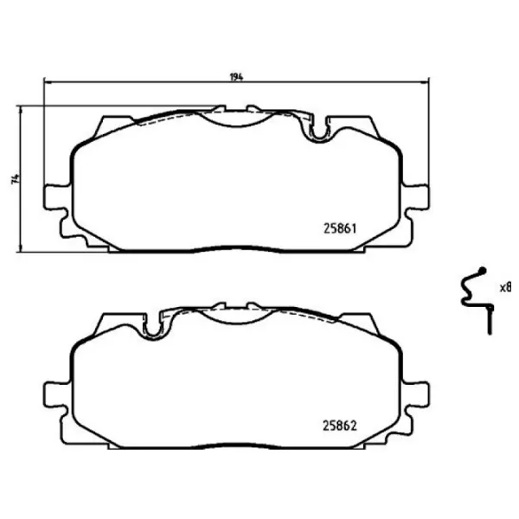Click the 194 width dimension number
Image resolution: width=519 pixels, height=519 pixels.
click(237, 77)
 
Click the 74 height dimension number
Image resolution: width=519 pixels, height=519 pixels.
click(16, 179)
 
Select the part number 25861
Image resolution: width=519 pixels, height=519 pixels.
click(340, 228)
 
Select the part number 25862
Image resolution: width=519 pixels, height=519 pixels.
click(340, 426)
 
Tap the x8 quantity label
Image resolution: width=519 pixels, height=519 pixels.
click(506, 287)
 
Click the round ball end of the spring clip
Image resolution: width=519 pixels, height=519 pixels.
click(483, 270)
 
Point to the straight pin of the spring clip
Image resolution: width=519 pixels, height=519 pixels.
click(490, 320)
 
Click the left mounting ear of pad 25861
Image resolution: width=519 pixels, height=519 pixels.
click(57, 197)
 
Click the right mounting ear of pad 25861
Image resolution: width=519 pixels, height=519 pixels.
click(416, 197)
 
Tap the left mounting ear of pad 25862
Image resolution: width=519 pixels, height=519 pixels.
click(57, 394)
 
